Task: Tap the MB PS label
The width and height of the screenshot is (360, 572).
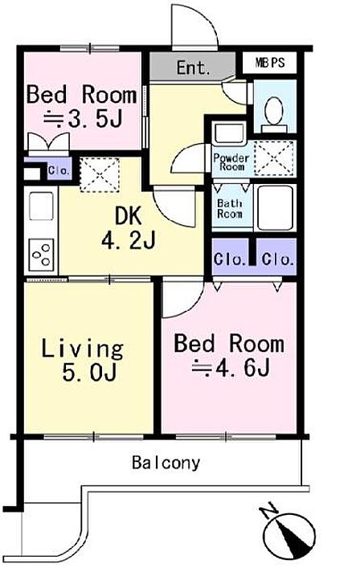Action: tap(269, 63)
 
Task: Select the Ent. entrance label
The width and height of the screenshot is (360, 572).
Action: tap(194, 67)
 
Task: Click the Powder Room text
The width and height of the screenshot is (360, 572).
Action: tap(231, 162)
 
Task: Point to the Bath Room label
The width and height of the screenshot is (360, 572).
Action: tap(230, 209)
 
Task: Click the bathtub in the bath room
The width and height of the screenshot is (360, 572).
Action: tap(276, 207)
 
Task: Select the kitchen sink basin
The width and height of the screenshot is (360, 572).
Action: tap(41, 206)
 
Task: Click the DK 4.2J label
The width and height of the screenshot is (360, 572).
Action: tap(129, 228)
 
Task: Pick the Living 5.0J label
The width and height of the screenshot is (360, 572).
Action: tap(83, 361)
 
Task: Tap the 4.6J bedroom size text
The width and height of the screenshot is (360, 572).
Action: tap(231, 368)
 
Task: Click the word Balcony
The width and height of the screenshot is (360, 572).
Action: tap(166, 463)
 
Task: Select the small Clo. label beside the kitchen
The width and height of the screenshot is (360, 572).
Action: tap(59, 170)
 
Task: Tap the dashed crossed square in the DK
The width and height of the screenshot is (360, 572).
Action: tap(100, 175)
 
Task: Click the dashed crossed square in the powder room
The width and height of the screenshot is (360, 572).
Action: tap(274, 158)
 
